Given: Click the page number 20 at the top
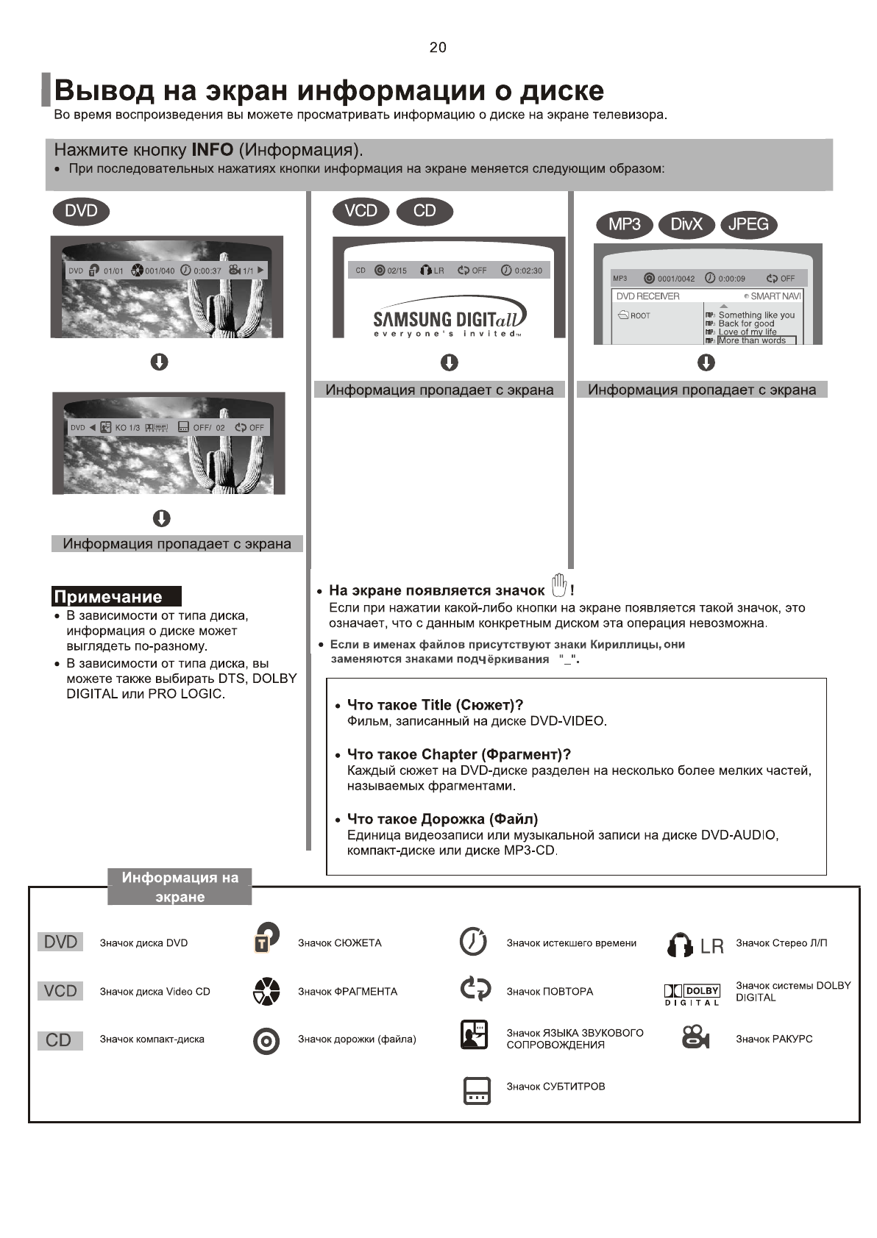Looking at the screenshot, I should [438, 48].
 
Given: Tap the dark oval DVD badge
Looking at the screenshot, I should [81, 212].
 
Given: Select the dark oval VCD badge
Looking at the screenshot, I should [361, 212].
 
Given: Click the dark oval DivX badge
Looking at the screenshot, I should [686, 224].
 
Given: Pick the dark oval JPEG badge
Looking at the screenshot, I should [748, 224].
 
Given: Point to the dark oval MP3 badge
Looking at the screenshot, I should [624, 224].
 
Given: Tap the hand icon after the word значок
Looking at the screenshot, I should [559, 585].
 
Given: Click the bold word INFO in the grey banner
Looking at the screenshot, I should [212, 150].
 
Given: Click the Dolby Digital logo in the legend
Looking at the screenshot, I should [692, 995].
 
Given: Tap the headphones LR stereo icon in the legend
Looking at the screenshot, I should [695, 945].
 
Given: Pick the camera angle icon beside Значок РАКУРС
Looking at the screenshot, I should [695, 1037].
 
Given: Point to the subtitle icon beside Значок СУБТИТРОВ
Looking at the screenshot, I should [476, 1090].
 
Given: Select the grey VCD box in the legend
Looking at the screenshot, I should [60, 991].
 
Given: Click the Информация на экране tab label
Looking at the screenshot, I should [180, 887].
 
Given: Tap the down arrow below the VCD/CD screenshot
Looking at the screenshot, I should [449, 362].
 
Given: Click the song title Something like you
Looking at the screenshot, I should [756, 315].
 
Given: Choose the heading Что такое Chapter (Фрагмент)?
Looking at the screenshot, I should [458, 754].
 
